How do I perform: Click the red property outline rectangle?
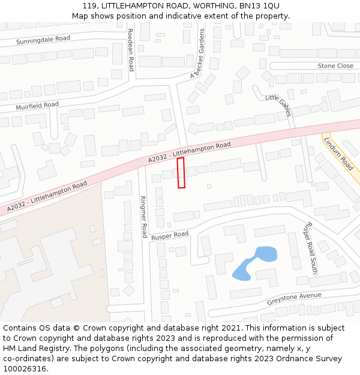point(181,173)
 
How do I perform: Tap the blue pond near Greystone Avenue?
point(254,263)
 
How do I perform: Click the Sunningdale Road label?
point(43,40)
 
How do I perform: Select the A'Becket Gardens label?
point(197,53)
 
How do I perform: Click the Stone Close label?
point(335,65)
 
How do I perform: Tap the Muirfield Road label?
point(37,106)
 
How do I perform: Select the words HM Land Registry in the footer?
point(32,349)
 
